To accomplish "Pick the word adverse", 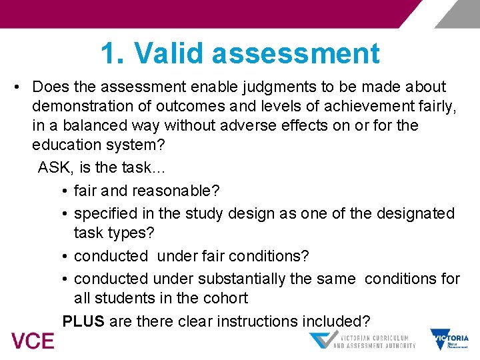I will click(238, 125).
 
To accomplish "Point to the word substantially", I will click(229, 278).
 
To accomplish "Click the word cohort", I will click(225, 298).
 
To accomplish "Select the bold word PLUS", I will click(83, 321).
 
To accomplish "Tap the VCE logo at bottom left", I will click(32, 341).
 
